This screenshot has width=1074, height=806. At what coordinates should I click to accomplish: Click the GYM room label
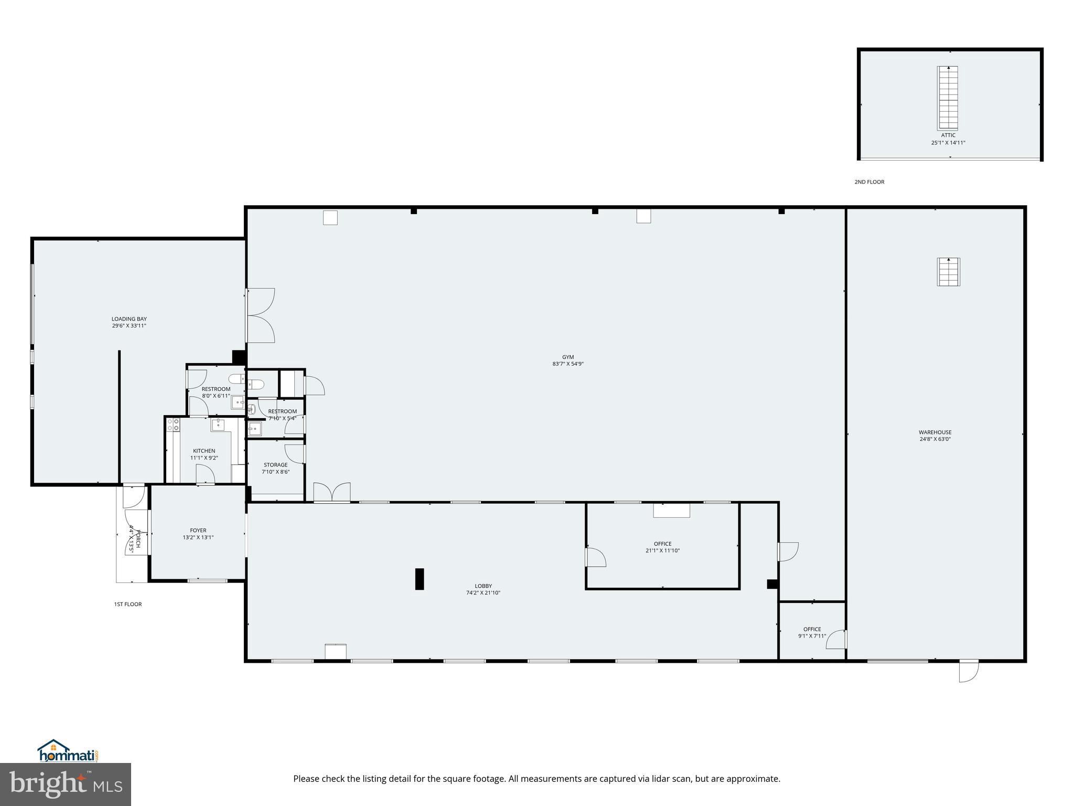(567, 357)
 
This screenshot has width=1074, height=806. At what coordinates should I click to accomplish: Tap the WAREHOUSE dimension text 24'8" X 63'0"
(935, 439)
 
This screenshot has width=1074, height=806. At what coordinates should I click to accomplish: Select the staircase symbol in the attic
(948, 98)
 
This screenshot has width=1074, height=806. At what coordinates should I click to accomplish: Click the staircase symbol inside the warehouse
(948, 272)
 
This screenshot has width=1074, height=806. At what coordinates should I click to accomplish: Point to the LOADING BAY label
(129, 319)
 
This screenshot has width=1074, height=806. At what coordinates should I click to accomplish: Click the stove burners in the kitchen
(174, 425)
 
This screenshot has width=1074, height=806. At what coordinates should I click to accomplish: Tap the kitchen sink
(218, 425)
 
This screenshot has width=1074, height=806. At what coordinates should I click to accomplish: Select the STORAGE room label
(275, 464)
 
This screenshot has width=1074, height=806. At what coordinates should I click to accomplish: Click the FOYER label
(198, 530)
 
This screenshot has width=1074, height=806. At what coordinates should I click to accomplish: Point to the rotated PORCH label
(138, 539)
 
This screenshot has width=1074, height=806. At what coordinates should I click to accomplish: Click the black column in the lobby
(420, 579)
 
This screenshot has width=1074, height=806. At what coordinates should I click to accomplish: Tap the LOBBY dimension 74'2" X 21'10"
(484, 593)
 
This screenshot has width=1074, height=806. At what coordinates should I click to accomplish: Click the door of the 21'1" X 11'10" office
(596, 557)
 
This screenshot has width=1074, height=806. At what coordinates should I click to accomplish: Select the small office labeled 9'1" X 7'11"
(812, 632)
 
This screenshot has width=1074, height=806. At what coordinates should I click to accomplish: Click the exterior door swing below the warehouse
(969, 671)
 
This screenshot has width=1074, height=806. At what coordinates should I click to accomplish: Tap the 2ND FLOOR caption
(869, 182)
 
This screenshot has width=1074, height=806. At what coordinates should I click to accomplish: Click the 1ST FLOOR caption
(128, 604)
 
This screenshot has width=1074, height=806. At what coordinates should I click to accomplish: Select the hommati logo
(68, 752)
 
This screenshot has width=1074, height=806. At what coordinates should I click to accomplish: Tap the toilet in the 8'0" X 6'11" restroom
(237, 378)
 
